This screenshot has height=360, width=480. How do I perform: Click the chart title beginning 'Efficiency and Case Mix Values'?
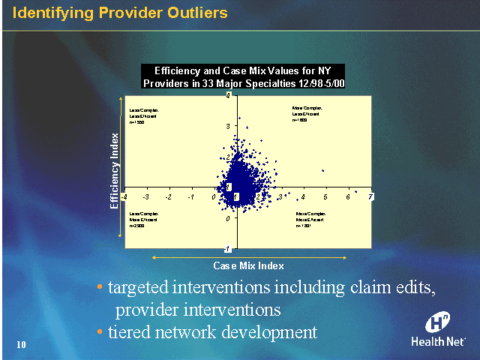click(x=243, y=76)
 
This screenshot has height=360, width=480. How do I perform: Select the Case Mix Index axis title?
click(x=248, y=265)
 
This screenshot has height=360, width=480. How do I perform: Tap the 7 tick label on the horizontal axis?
click(x=370, y=196)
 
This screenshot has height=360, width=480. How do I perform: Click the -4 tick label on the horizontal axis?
click(x=124, y=196)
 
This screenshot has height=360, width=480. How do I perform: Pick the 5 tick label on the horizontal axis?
click(x=325, y=196)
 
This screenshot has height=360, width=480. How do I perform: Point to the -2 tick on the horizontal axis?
click(x=169, y=196)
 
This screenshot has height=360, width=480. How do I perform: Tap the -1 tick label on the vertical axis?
click(x=237, y=249)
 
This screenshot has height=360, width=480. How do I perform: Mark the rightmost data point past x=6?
click(x=356, y=191)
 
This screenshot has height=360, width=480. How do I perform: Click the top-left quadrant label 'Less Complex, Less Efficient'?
click(x=142, y=115)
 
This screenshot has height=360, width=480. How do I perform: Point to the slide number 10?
click(x=21, y=344)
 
